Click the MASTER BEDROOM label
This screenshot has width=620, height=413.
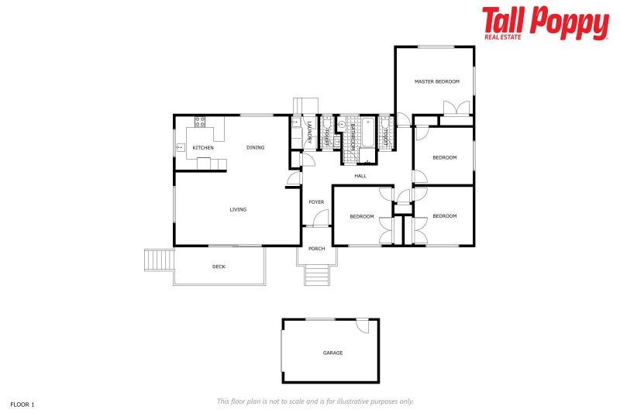tap(436, 81)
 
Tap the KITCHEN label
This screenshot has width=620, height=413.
tap(203, 147)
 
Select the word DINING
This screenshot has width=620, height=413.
tap(255, 147)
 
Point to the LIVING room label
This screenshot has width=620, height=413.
tap(238, 209)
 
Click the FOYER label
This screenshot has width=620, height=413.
tap(316, 202)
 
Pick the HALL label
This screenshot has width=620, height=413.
tap(360, 176)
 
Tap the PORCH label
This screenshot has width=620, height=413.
tap(316, 249)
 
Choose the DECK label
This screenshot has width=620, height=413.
tap(219, 267)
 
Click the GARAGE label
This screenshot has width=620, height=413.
tap(332, 353)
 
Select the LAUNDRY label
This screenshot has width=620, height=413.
tap(309, 131)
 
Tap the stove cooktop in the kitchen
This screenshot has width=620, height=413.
tap(199, 121)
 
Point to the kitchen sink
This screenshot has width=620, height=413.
tap(180, 146)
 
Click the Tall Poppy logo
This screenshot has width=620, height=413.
tap(545, 23)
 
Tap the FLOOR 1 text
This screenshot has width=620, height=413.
tap(22, 404)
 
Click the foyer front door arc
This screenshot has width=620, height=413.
tap(321, 219)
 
